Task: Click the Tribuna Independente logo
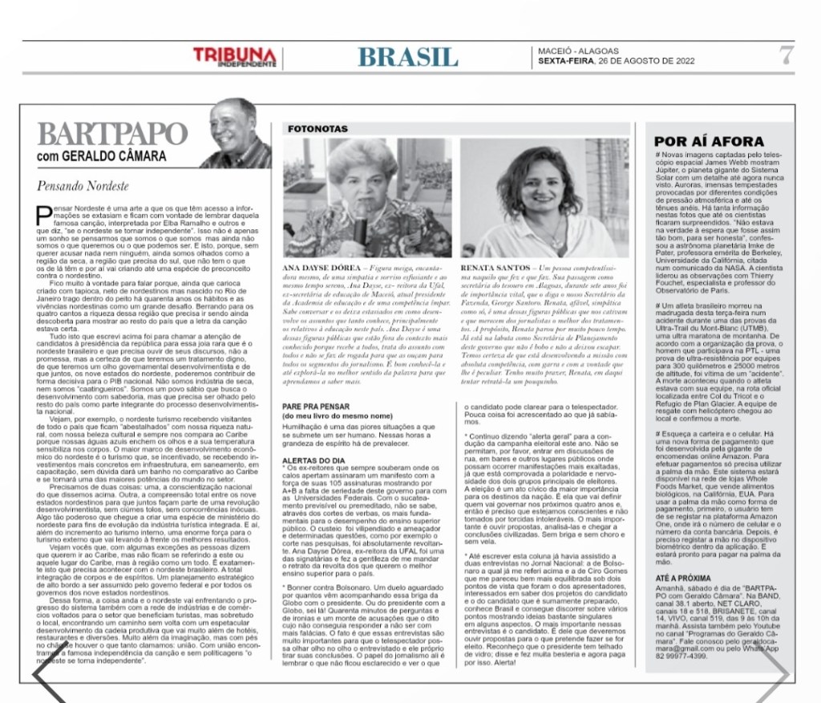(x=234, y=57)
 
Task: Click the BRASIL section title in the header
(x=408, y=57)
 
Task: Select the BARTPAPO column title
(x=112, y=134)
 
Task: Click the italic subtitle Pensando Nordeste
(x=83, y=186)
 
